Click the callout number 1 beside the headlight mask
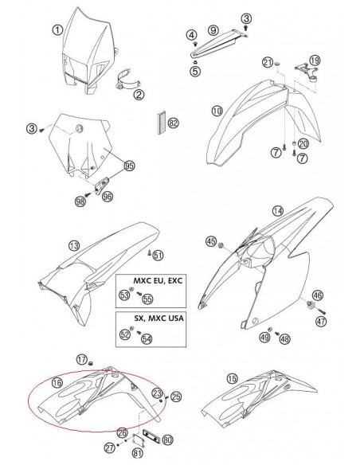click(57, 29)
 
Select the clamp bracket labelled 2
click(126, 80)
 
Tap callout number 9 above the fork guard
click(213, 30)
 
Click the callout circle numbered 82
click(173, 123)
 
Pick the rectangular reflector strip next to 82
click(162, 123)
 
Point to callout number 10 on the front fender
click(217, 111)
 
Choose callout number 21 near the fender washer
click(268, 62)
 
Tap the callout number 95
click(129, 166)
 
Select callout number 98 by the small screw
click(80, 201)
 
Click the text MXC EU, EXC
click(158, 280)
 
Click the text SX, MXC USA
click(159, 318)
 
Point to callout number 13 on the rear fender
click(74, 245)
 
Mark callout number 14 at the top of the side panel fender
click(278, 211)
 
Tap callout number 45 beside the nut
click(211, 241)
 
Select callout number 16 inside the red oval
click(57, 382)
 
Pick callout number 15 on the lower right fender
click(233, 379)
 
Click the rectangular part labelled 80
click(151, 436)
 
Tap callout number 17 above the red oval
click(81, 360)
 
